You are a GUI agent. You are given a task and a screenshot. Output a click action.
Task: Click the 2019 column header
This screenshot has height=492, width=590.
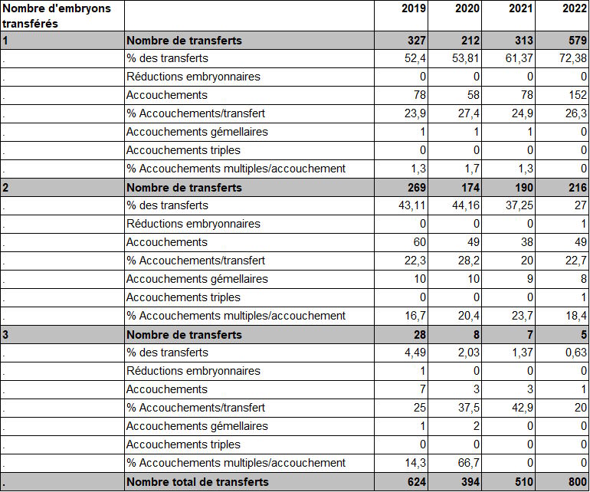click(x=414, y=8)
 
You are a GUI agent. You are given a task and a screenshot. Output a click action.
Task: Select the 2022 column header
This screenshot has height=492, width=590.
click(x=575, y=8)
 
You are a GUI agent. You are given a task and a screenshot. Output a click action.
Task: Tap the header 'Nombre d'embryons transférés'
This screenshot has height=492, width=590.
click(x=57, y=16)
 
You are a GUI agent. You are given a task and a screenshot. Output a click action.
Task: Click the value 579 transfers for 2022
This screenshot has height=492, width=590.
click(x=578, y=41)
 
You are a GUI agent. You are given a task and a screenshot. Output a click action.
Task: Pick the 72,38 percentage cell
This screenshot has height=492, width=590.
click(x=573, y=58)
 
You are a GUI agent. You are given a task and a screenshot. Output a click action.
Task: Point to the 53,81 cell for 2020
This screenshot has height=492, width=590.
click(x=466, y=58)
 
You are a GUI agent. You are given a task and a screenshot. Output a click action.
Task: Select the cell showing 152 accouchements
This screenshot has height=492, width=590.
click(x=578, y=95)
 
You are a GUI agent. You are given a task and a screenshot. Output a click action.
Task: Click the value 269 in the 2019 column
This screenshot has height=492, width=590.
click(x=417, y=188)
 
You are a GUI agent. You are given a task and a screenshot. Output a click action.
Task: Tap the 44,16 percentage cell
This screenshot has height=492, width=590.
click(x=466, y=205)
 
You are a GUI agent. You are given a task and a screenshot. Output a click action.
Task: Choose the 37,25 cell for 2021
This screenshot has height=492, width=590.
click(x=520, y=205)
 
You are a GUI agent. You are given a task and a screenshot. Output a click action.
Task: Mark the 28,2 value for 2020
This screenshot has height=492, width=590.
click(x=469, y=261)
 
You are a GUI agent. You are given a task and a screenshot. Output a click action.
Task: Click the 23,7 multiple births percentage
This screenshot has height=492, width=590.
click(x=523, y=316)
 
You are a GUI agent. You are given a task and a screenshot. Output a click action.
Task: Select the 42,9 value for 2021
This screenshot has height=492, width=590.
click(x=523, y=408)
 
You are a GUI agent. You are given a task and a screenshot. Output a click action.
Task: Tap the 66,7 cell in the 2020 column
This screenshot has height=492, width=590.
click(x=469, y=463)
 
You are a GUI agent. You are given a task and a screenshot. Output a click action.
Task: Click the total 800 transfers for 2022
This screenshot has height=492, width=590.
click(x=578, y=482)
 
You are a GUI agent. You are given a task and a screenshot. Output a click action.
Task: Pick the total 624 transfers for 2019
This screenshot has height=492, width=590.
click(x=417, y=482)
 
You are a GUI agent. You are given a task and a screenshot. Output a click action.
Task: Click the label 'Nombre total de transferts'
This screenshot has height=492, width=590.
click(x=198, y=482)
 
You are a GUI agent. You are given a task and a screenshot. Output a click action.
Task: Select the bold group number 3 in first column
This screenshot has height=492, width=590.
click(x=5, y=335)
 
